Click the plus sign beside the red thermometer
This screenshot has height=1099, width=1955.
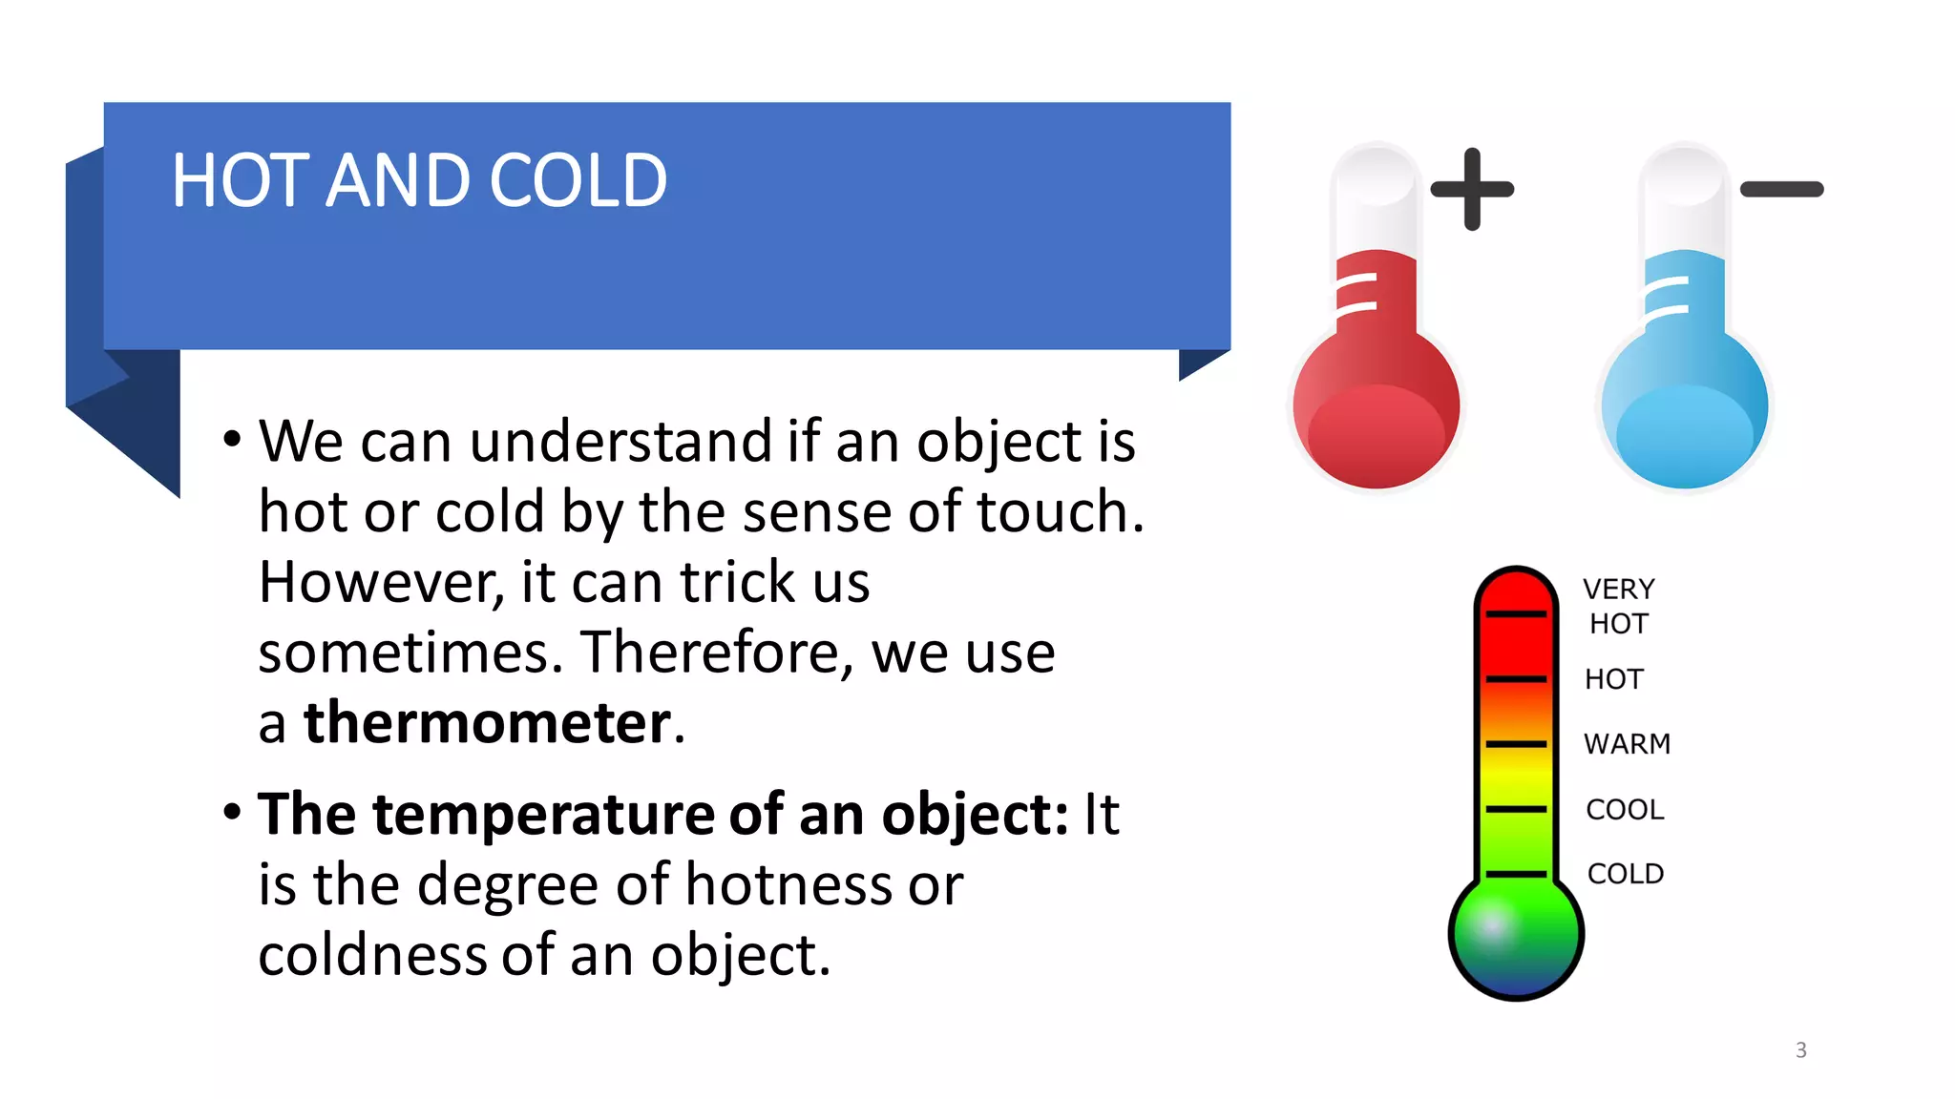pos(1472,189)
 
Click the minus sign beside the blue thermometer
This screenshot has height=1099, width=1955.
pos(1781,189)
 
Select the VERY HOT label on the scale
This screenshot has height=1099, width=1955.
pos(1618,606)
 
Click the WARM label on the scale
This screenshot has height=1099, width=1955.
pos(1627,744)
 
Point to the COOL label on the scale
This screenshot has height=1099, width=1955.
pos(1625,810)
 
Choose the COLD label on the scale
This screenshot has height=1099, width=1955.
pos(1626,874)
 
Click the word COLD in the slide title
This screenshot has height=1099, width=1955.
pos(578,180)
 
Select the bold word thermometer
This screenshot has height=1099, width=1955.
pos(487,722)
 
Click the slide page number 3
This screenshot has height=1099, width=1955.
pos(1800,1050)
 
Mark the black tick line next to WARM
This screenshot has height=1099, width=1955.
pos(1516,744)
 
